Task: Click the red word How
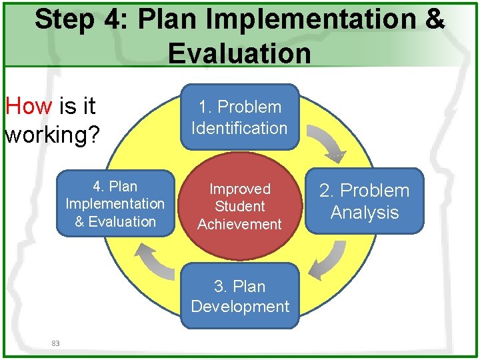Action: coord(29,106)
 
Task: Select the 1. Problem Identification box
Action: coord(239,117)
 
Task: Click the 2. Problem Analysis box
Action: coord(365,201)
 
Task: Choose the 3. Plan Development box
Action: coord(239,296)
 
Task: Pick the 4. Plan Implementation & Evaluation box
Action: coord(115,204)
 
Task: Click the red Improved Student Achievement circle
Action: coord(239,207)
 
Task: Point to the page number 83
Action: coord(55,343)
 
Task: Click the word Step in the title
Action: coord(64,20)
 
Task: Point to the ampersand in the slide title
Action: coord(433,20)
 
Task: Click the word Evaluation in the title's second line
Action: coord(239,53)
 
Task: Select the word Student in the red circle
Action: coord(239,207)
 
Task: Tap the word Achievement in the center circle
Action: coord(239,225)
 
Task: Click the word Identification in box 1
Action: coord(239,128)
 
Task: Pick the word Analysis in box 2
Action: coord(365,213)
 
